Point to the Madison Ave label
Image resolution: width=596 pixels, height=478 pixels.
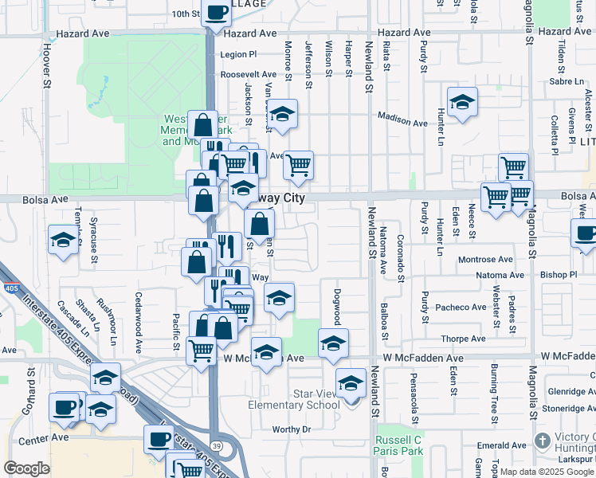coord(402,119)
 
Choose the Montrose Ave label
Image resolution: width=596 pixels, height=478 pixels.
coord(485,260)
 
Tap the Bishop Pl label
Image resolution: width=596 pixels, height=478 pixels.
coord(558,275)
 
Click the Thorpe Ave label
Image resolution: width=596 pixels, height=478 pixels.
coord(464,339)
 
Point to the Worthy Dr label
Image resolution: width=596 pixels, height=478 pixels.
coord(290,429)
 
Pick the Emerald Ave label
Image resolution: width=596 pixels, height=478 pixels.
coord(501,445)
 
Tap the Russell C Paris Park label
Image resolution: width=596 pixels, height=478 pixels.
coord(399,445)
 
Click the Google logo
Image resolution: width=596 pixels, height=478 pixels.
coord(26,468)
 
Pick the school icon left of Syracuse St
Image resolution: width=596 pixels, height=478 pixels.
coord(63,239)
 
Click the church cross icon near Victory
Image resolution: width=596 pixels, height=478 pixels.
coord(543,441)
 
